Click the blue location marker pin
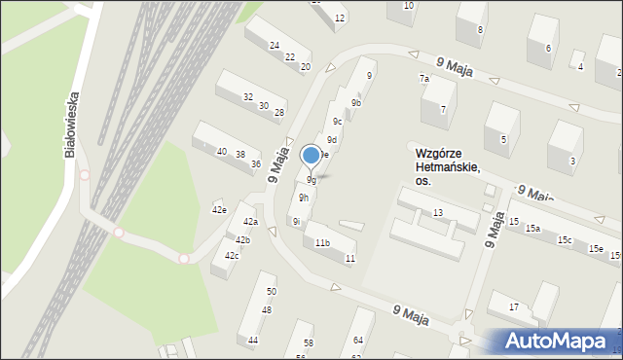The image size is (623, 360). pyautogui.click(x=311, y=155)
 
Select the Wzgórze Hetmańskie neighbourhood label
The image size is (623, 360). pyautogui.click(x=447, y=166)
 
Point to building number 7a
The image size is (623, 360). pyautogui.click(x=424, y=78)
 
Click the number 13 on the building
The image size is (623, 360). pyautogui.click(x=438, y=212)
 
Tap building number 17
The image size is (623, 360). pyautogui.click(x=514, y=307)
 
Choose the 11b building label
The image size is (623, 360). pyautogui.click(x=322, y=242)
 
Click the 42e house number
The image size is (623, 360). pyautogui.click(x=219, y=209)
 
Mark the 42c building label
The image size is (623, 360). pyautogui.click(x=232, y=255)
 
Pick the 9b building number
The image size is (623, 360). pyautogui.click(x=356, y=102)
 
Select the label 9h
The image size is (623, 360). pyautogui.click(x=304, y=198)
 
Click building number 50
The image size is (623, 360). pyautogui.click(x=272, y=291)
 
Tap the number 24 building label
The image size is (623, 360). pyautogui.click(x=275, y=46)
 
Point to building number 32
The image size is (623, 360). pyautogui.click(x=248, y=96)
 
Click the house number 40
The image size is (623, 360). pyautogui.click(x=222, y=152)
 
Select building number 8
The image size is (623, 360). pyautogui.click(x=480, y=30)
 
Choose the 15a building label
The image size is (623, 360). pyautogui.click(x=532, y=228)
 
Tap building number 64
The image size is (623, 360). pyautogui.click(x=358, y=340)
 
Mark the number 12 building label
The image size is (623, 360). pyautogui.click(x=339, y=18)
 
